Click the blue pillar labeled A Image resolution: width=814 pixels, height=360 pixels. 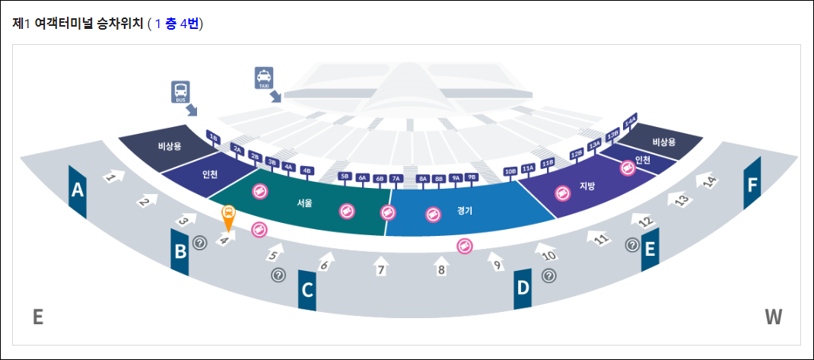(77, 190)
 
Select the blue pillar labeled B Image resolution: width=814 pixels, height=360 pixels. (180, 250)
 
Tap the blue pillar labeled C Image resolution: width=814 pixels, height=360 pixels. (307, 290)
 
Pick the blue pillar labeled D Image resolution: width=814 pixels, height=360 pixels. (523, 288)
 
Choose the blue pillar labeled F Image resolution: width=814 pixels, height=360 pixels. (752, 183)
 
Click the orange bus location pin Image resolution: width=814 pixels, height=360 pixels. (227, 216)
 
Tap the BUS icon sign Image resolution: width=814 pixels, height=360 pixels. (180, 92)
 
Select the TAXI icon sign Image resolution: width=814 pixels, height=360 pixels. (264, 78)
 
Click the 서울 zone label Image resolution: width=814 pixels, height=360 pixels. (305, 203)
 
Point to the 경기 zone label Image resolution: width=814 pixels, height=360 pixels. (465, 210)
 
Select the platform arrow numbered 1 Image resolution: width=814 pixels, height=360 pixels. (112, 177)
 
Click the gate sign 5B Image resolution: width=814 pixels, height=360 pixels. (345, 177)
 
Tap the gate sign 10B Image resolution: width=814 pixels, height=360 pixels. (510, 172)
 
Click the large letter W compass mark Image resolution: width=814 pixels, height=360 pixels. (773, 317)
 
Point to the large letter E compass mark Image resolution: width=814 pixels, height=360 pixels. (38, 317)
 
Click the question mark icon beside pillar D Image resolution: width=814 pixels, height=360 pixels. (548, 276)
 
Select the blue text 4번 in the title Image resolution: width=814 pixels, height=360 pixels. (189, 24)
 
